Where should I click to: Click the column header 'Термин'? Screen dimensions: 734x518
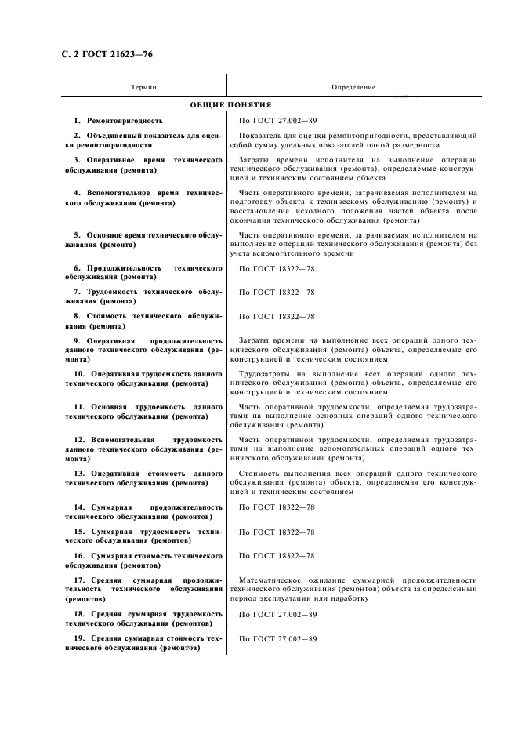[x=143, y=87]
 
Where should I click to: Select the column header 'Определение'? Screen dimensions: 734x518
[x=353, y=87]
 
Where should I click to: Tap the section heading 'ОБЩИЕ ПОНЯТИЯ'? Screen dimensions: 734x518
[x=231, y=104]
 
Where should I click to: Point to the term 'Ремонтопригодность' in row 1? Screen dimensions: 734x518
[x=123, y=121]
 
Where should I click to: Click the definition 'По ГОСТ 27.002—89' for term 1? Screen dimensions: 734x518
[x=277, y=121]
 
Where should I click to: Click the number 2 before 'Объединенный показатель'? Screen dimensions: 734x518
[x=77, y=136]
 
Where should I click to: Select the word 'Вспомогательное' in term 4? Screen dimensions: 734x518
[x=118, y=192]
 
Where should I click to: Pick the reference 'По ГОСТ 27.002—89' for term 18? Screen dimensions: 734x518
[x=277, y=614]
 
